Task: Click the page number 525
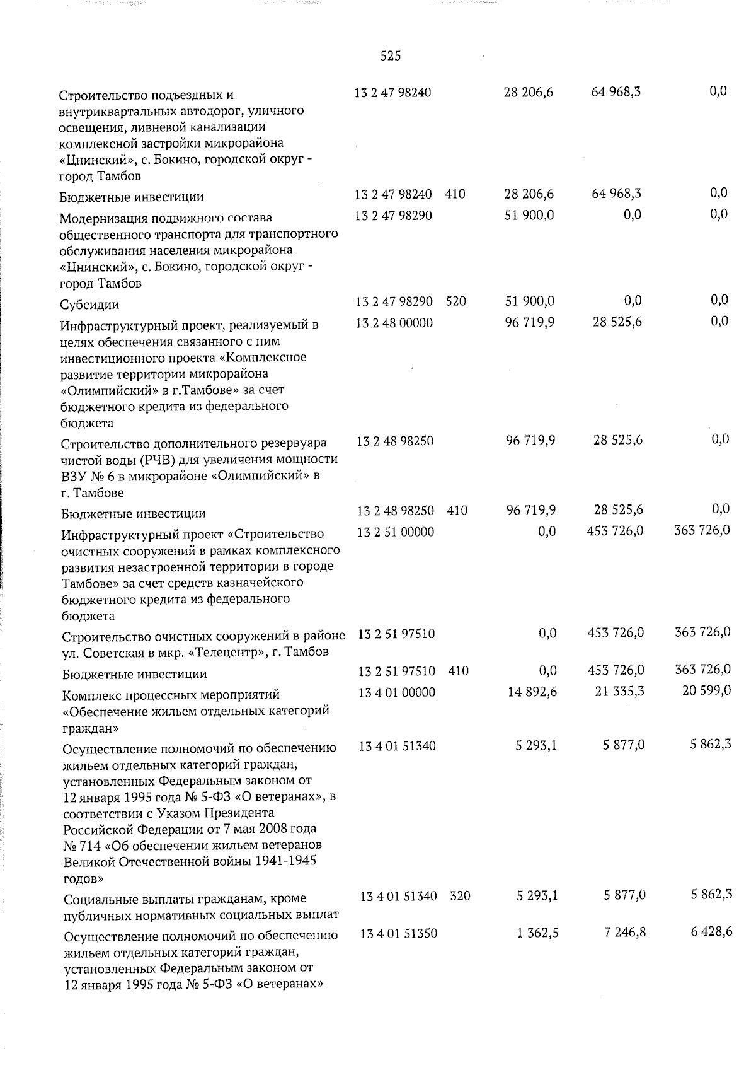click(x=391, y=57)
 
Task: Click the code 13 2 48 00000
click(x=394, y=323)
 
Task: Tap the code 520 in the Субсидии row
click(x=455, y=301)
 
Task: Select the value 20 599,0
click(x=706, y=691)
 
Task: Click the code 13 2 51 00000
click(x=395, y=532)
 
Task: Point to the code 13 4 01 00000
click(x=396, y=692)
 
